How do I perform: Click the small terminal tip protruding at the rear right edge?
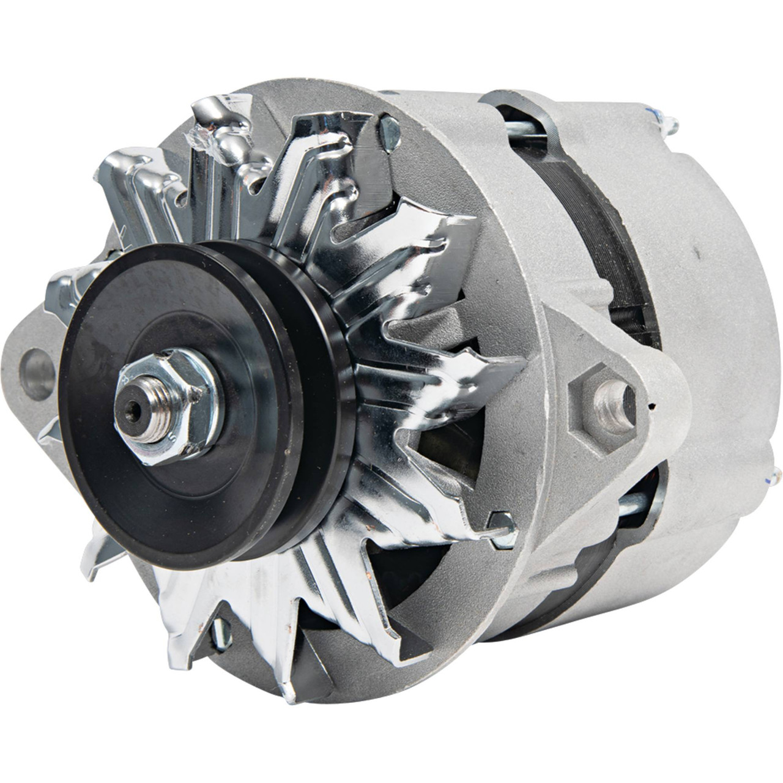tap(777, 472)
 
